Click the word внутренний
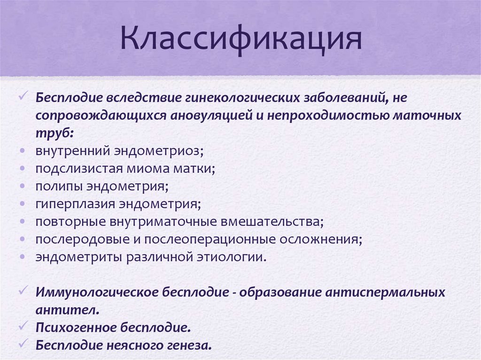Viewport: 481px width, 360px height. pyautogui.click(x=71, y=151)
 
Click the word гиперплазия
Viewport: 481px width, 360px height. pyautogui.click(x=75, y=204)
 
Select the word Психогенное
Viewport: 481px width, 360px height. pyautogui.click(x=72, y=328)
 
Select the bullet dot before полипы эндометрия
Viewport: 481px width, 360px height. pyautogui.click(x=23, y=187)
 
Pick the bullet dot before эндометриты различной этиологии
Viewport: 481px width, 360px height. pyautogui.click(x=23, y=257)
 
